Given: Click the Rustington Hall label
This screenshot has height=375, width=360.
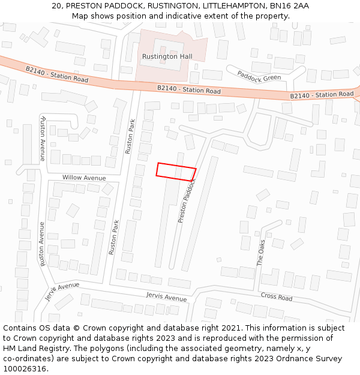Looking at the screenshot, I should click(167, 56).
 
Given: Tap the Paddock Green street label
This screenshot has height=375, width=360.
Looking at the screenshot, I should click(259, 75).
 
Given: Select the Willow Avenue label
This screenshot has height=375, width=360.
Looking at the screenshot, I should click(84, 178).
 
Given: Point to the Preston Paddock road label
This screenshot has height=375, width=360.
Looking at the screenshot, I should click(187, 200).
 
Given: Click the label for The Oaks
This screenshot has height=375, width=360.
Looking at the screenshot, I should click(260, 253).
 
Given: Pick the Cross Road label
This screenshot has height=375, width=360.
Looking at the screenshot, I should click(277, 297).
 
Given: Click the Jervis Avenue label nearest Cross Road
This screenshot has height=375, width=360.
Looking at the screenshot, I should click(166, 297).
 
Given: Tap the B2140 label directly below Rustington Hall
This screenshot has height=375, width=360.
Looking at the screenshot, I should click(189, 90).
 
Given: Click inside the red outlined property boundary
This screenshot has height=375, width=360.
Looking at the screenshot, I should click(176, 172).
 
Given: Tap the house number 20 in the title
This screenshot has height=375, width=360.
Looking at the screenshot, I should click(57, 5).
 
